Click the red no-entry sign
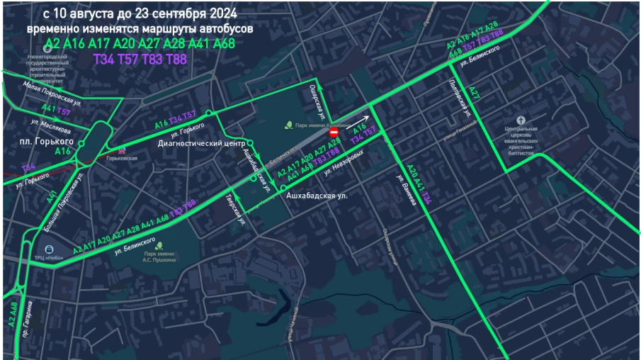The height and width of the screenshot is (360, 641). click(334, 133)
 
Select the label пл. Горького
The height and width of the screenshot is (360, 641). click(47, 142)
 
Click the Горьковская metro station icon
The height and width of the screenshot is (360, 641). click(122, 150)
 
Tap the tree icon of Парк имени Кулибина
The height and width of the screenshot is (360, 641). click(288, 126)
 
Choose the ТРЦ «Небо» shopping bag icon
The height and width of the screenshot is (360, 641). click(47, 249)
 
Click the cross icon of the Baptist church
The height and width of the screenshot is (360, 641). click(522, 120)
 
